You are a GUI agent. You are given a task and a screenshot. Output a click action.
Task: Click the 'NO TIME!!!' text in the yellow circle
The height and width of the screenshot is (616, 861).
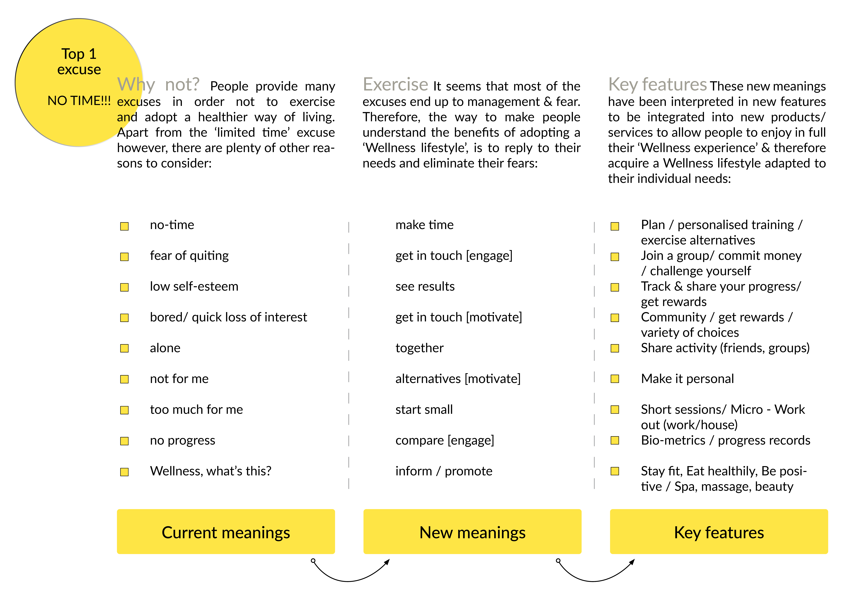[79, 101]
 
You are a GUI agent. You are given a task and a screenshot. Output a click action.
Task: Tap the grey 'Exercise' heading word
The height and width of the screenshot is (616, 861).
[395, 84]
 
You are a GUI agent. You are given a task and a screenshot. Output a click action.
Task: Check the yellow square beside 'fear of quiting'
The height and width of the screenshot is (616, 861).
[124, 257]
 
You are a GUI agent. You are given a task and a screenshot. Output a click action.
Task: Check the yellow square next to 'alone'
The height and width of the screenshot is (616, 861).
[124, 348]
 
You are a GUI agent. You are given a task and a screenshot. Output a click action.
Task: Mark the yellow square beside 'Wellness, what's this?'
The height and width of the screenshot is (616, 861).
[124, 472]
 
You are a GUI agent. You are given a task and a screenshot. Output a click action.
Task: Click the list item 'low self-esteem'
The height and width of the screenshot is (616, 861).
[194, 286]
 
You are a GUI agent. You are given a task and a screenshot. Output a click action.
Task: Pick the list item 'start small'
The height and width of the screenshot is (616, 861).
[424, 410]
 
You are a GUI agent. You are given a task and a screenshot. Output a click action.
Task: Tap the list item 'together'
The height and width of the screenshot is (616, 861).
[419, 348]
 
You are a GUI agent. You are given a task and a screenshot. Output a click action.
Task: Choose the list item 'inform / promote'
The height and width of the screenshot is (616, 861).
[444, 471]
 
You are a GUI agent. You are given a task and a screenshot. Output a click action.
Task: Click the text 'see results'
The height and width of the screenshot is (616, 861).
[425, 286]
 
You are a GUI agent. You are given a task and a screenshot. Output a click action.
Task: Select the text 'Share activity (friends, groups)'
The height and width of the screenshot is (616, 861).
[725, 348]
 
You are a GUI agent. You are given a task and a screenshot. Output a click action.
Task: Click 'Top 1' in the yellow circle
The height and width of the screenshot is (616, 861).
[79, 54]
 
